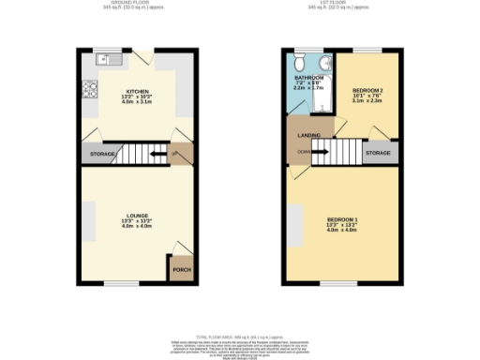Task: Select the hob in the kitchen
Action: pyautogui.click(x=92, y=90)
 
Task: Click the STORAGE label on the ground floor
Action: pyautogui.click(x=102, y=154)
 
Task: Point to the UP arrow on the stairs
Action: pyautogui.click(x=174, y=154)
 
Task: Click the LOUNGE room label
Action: pyautogui.click(x=137, y=215)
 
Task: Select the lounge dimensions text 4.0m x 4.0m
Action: pyautogui.click(x=137, y=227)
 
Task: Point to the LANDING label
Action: pyautogui.click(x=309, y=136)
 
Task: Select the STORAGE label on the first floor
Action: pyautogui.click(x=378, y=152)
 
